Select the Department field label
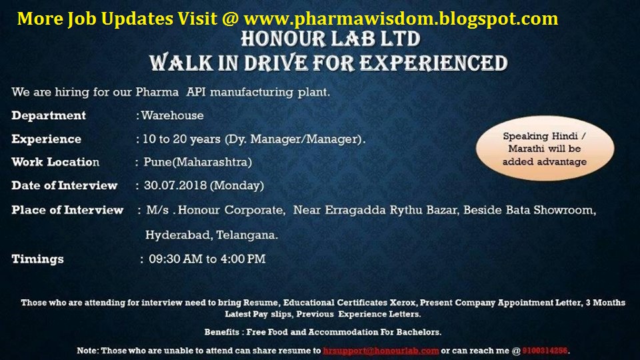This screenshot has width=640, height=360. pyautogui.click(x=49, y=115)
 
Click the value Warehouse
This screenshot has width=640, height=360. pyautogui.click(x=173, y=115)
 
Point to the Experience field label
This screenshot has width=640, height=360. pyautogui.click(x=46, y=139)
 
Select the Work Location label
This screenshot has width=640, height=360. pyautogui.click(x=55, y=162)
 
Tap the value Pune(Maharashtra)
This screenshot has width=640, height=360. pyautogui.click(x=197, y=162)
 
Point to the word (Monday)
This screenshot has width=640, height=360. pyautogui.click(x=238, y=185)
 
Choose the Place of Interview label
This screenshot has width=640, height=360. pyautogui.click(x=67, y=210)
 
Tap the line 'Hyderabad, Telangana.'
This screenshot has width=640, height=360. pyautogui.click(x=212, y=235)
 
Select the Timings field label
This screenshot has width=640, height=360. pyautogui.click(x=37, y=259)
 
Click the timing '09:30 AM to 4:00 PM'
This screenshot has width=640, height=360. pyautogui.click(x=207, y=259)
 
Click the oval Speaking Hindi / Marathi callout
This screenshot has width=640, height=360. pyautogui.click(x=544, y=149)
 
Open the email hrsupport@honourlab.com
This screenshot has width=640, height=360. pyautogui.click(x=381, y=350)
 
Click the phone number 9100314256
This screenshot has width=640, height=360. pyautogui.click(x=545, y=350)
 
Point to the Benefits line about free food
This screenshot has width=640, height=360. pyautogui.click(x=323, y=332)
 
